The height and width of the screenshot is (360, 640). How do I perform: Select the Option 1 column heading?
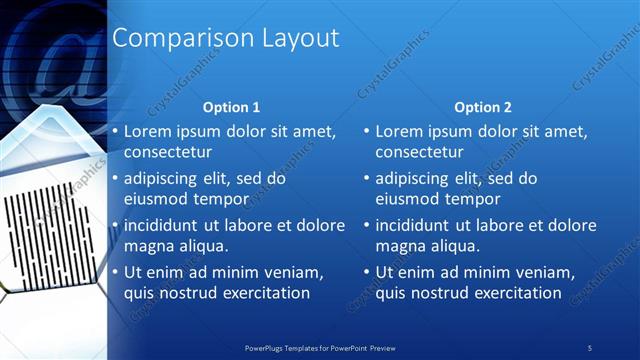(231, 107)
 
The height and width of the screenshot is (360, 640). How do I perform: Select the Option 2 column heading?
(482, 107)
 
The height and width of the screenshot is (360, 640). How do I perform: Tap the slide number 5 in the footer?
(590, 347)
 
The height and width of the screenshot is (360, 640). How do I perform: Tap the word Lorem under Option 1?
(147, 131)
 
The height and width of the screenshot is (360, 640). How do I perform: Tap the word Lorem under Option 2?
(399, 131)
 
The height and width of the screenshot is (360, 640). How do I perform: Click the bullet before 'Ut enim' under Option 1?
(115, 272)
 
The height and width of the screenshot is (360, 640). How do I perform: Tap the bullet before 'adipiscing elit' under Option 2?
(367, 178)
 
